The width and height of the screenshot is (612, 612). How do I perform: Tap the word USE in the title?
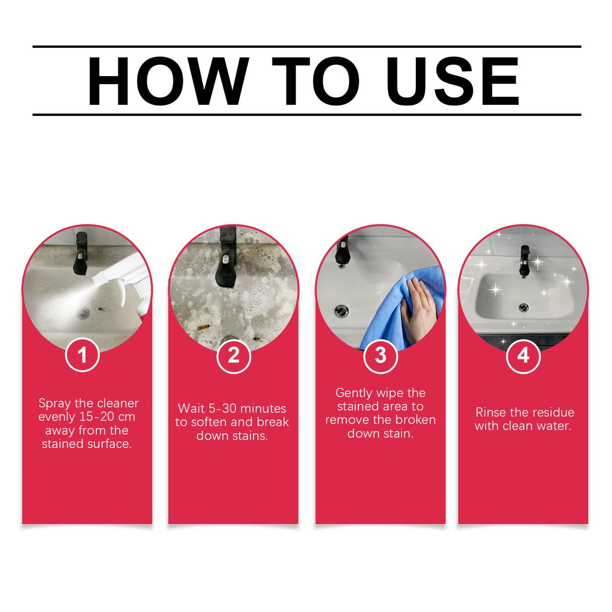tap(452, 81)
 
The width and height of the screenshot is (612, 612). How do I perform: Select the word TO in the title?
tap(316, 81)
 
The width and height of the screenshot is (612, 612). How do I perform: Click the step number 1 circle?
tap(82, 355)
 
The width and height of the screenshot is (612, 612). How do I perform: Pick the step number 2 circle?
tap(233, 356)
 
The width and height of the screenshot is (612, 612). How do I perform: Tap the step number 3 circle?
tap(381, 356)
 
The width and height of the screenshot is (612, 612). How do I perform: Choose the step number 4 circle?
tap(523, 356)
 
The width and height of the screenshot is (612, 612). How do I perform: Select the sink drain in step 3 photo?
tap(342, 311)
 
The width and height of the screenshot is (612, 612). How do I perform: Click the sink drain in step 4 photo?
tap(524, 308)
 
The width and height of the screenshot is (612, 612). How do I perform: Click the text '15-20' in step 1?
tap(97, 417)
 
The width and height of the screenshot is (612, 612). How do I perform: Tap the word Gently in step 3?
tap(353, 393)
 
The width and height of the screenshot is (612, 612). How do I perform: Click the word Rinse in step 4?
tap(491, 412)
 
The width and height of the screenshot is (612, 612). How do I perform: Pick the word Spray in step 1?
tap(54, 404)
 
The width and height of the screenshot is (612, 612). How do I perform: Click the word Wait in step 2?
tap(191, 408)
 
